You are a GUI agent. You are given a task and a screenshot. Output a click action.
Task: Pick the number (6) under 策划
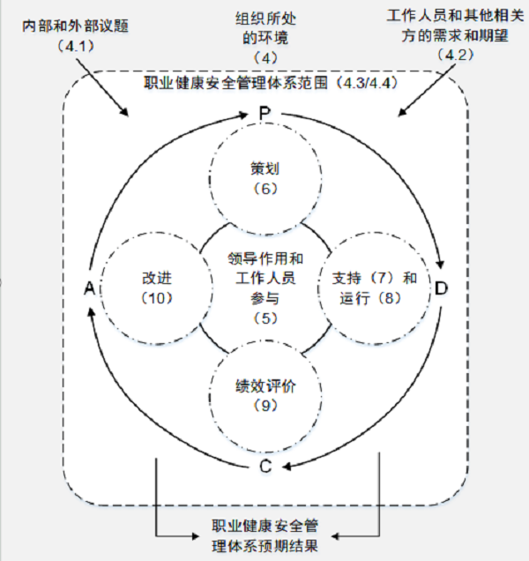coord(264,188)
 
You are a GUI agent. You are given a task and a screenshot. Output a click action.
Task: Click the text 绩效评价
coord(264,385)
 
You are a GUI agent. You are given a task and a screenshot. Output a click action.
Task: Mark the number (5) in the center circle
coord(264,317)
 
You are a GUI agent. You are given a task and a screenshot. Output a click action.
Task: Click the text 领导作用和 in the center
coord(264,258)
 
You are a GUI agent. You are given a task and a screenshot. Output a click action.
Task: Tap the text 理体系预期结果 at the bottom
coord(264,545)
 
